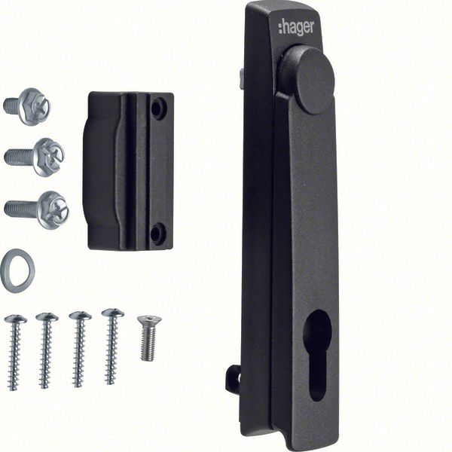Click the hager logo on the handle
point(296,27)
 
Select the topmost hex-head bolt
point(26,106)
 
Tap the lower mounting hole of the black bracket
point(157,233)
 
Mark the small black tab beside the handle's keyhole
point(234,379)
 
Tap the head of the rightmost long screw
point(113,313)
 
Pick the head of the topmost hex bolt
point(35,106)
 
